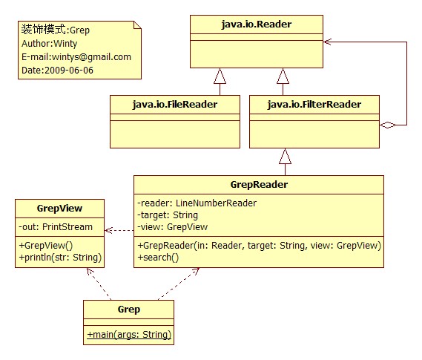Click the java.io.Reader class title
(257, 24)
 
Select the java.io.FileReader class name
(175, 105)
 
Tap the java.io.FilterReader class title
(314, 105)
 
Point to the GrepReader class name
(259, 185)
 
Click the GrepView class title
(59, 209)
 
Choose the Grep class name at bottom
(128, 310)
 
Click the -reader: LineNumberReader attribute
(197, 203)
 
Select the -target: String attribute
(168, 215)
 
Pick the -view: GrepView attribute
(172, 227)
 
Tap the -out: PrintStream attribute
(56, 227)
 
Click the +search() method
(158, 258)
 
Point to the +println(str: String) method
(60, 258)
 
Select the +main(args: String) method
(129, 335)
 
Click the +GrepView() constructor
(46, 246)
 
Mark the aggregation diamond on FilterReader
(388, 125)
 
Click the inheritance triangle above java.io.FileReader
(220, 76)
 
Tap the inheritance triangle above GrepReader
(285, 156)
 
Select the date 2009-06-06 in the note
(69, 71)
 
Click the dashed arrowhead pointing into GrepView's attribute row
(108, 230)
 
